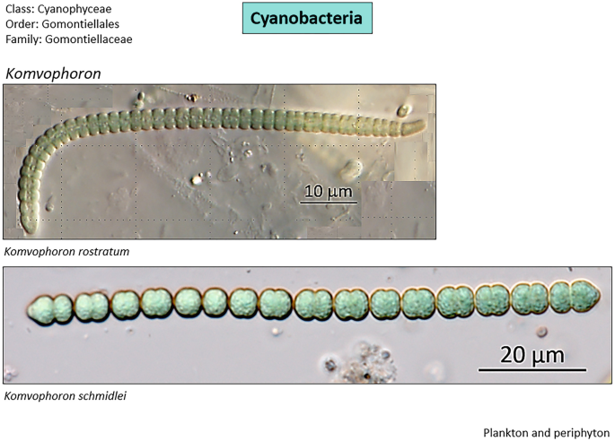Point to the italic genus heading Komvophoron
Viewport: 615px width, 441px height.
pyautogui.click(x=53, y=73)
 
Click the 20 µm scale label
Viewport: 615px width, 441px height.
pyautogui.click(x=532, y=355)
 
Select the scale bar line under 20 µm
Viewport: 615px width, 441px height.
pyautogui.click(x=532, y=369)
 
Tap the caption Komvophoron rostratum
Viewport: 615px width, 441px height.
pyautogui.click(x=66, y=252)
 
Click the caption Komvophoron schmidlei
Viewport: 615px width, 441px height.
pyautogui.click(x=65, y=395)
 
